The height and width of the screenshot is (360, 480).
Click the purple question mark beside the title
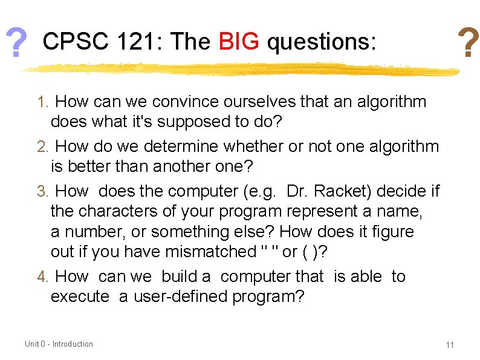18,43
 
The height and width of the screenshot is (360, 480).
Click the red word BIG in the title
239,42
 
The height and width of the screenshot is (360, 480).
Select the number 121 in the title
142,42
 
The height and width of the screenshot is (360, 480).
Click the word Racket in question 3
342,191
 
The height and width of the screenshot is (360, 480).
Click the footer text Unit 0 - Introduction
59,344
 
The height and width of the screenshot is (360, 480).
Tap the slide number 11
449,345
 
